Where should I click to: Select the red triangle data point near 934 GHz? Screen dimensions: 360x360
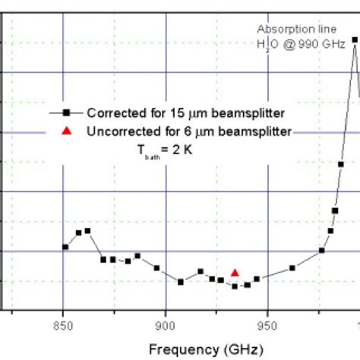coord(235,272)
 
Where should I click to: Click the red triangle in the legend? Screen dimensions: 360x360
coord(66,131)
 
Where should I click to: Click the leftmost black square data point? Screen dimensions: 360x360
coord(65,247)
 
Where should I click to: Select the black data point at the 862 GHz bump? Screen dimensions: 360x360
coord(88,230)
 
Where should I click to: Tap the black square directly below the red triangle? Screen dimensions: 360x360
coord(235,286)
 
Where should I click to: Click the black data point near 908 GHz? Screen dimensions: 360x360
coord(181,282)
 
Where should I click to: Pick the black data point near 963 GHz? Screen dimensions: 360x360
coord(293,267)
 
